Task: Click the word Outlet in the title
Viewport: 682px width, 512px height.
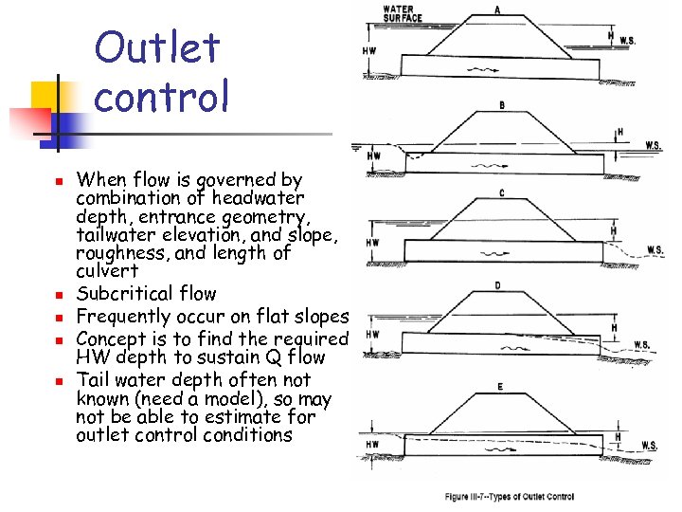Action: pyautogui.click(x=157, y=48)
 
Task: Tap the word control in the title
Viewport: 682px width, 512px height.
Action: pyautogui.click(x=162, y=96)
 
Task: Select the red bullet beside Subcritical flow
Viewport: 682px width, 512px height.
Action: pyautogui.click(x=58, y=295)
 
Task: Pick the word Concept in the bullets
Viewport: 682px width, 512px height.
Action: pyautogui.click(x=111, y=338)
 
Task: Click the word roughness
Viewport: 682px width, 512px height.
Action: pyautogui.click(x=118, y=254)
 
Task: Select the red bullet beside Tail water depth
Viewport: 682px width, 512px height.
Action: pyautogui.click(x=58, y=382)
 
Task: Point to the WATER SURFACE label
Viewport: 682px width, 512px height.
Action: pyautogui.click(x=403, y=15)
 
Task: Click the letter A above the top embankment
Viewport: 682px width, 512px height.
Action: pyautogui.click(x=496, y=10)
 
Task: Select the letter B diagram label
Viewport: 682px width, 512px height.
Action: pyautogui.click(x=501, y=104)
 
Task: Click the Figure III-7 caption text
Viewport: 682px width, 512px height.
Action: pyautogui.click(x=510, y=496)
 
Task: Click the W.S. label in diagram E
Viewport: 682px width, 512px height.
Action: pyautogui.click(x=650, y=445)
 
